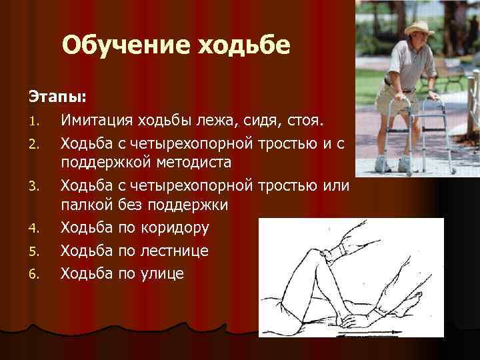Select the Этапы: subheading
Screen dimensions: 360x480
[57, 97]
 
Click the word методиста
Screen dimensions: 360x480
[193, 163]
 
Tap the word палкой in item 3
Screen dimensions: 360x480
[88, 205]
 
